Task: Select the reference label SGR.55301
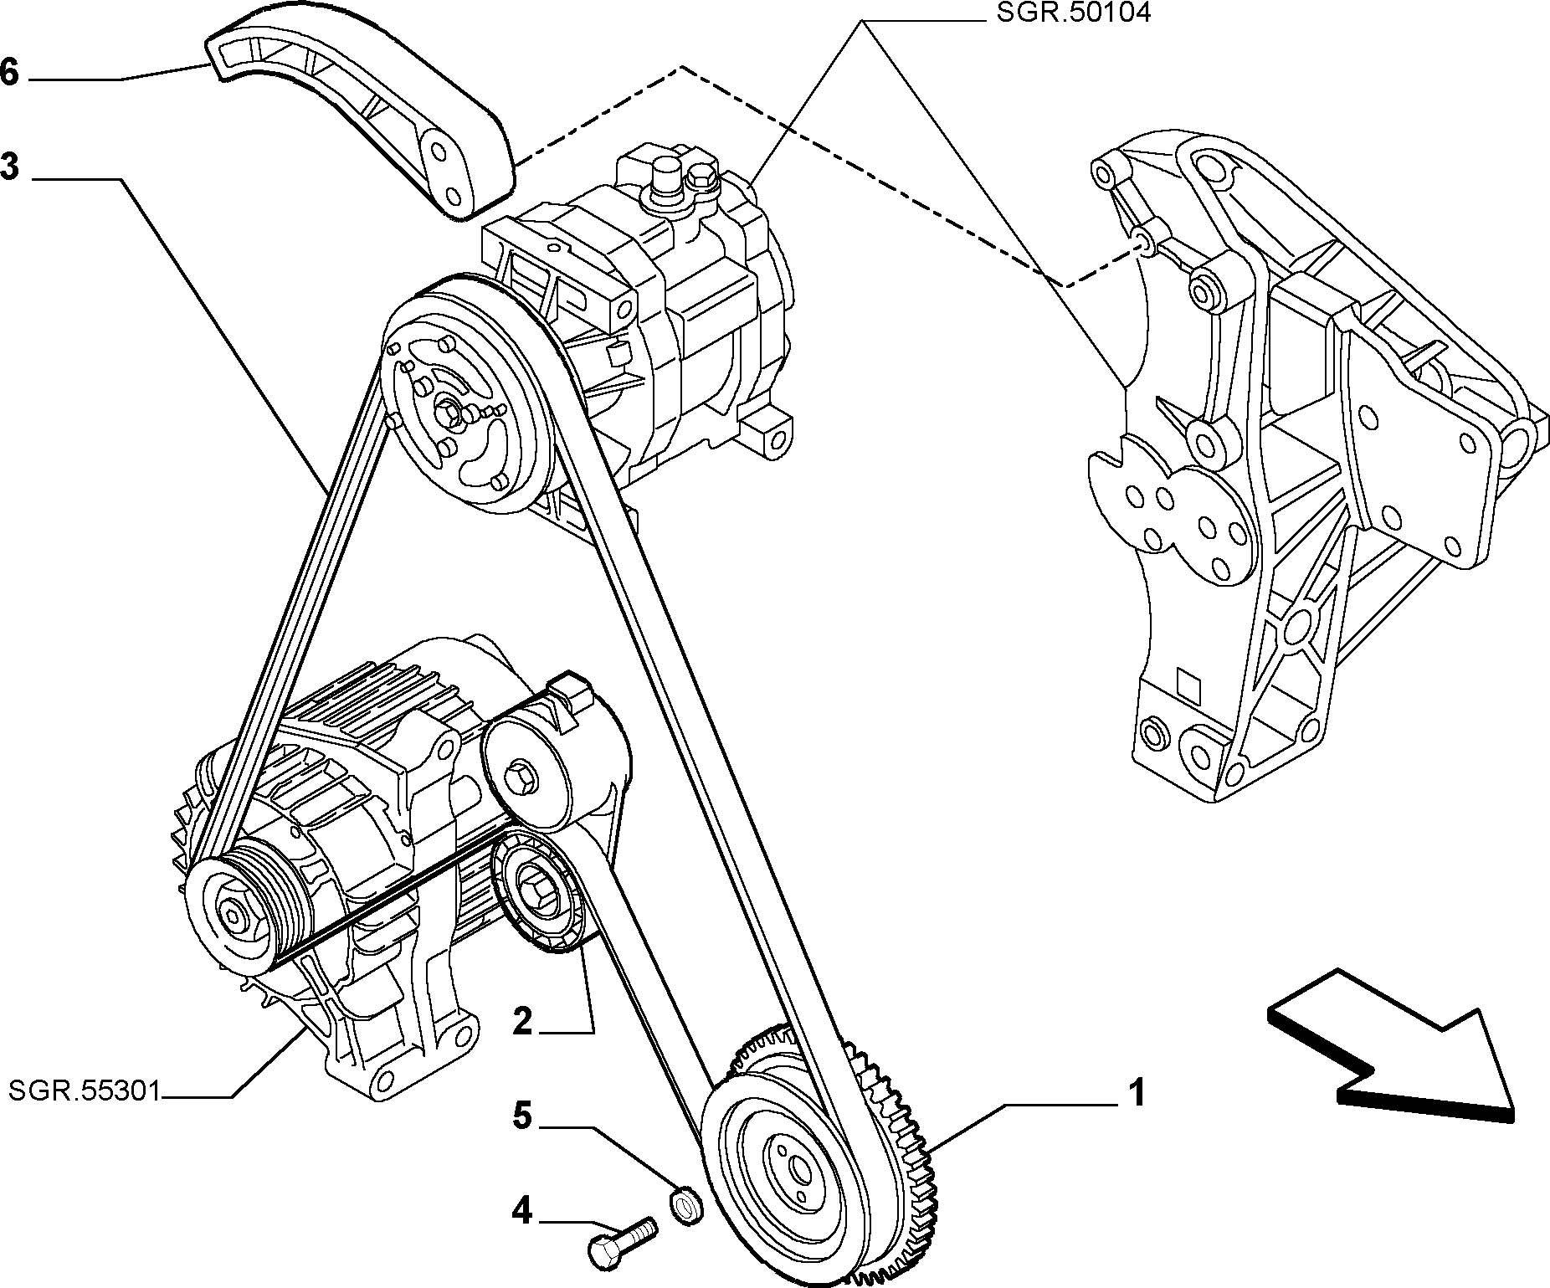click(x=85, y=1090)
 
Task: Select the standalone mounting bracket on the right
click(x=1314, y=469)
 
